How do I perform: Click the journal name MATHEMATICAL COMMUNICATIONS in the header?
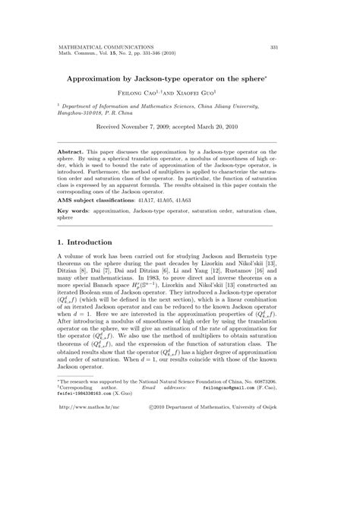[x=104, y=46]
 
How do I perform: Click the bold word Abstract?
[x=73, y=153]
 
